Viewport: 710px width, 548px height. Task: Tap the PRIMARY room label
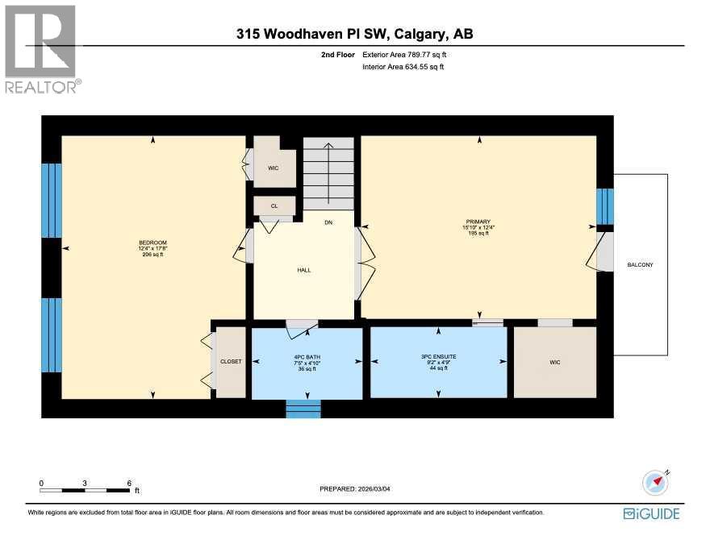(478, 222)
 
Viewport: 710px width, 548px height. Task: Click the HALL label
(303, 270)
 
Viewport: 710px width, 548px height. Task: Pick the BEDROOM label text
(152, 243)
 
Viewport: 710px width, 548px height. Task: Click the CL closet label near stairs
(274, 206)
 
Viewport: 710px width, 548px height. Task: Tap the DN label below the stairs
(328, 222)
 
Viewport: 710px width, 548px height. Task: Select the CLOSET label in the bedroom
(231, 362)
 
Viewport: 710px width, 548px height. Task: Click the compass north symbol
(656, 482)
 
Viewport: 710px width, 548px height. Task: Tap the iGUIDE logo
(651, 513)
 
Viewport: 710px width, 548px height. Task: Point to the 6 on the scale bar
(129, 483)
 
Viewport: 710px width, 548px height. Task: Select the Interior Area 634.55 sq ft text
(403, 67)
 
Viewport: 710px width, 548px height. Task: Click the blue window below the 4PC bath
(303, 409)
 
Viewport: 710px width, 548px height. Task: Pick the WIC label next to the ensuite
(555, 363)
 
